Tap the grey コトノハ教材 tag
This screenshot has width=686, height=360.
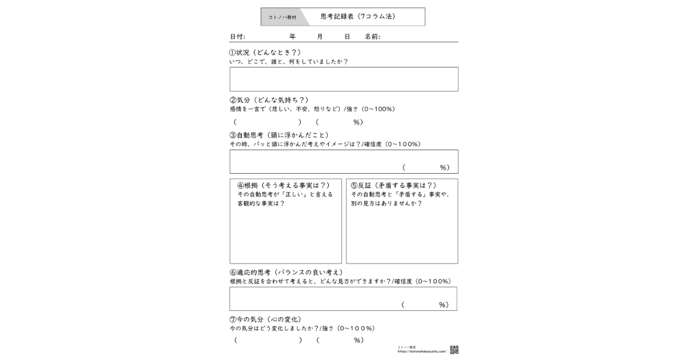pyautogui.click(x=282, y=17)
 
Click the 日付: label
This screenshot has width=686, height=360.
pyautogui.click(x=237, y=37)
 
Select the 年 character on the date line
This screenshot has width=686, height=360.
pyautogui.click(x=293, y=37)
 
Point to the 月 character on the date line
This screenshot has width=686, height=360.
pyautogui.click(x=320, y=37)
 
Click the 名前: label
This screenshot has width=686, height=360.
pyautogui.click(x=372, y=37)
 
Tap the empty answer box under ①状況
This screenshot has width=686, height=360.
pyautogui.click(x=344, y=79)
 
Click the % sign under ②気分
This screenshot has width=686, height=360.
pyautogui.click(x=357, y=122)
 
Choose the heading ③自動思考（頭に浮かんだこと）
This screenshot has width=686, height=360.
pyautogui.click(x=279, y=135)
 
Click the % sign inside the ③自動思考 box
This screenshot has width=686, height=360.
pyautogui.click(x=443, y=167)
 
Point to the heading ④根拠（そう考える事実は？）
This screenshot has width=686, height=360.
pyautogui.click(x=284, y=185)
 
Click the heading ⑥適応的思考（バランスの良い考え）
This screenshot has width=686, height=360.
pyautogui.click(x=286, y=273)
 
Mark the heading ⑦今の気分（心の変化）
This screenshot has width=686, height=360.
pyautogui.click(x=265, y=319)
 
